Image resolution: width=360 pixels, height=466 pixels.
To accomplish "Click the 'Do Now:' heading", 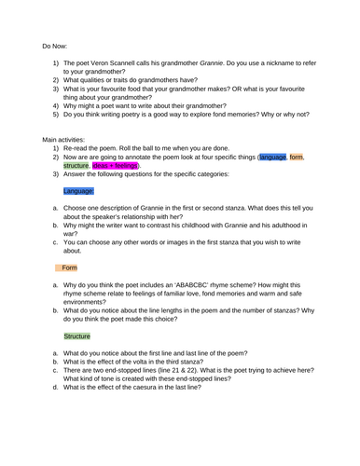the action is pos(56,45).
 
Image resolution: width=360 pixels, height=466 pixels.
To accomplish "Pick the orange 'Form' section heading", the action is pos(70,293).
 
